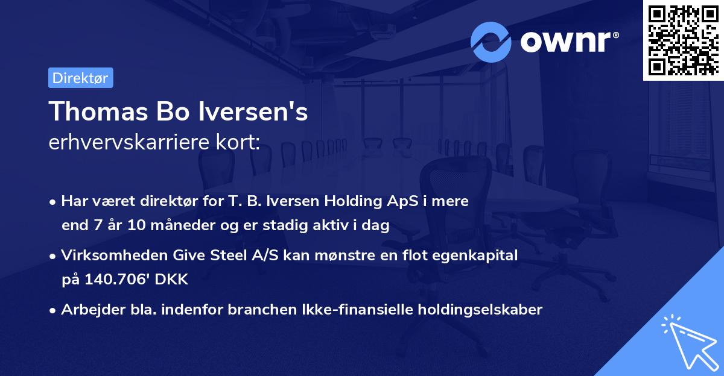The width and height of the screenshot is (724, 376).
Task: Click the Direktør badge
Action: [x=80, y=78]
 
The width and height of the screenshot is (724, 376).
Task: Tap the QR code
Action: [x=683, y=40]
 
